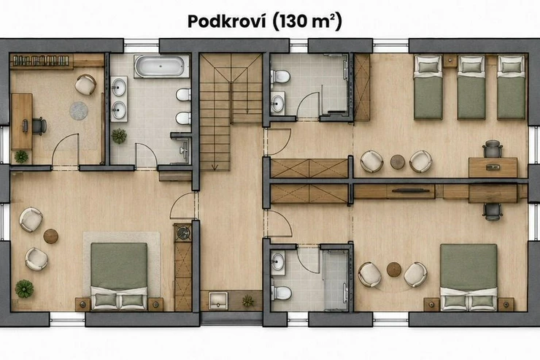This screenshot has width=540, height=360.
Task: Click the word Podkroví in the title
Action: tap(227, 21)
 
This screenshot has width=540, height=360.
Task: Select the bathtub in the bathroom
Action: tap(161, 66)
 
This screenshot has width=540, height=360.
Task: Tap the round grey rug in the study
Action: tap(79, 110)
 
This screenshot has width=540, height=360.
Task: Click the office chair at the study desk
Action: tap(39, 126)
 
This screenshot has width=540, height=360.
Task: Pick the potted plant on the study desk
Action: tap(21, 157)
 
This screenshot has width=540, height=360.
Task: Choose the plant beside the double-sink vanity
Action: tap(119, 136)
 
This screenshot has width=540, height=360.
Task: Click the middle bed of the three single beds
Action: tap(471, 88)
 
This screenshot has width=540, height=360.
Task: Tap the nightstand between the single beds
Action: tap(450, 61)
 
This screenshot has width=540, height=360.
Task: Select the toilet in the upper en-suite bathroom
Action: tap(281, 76)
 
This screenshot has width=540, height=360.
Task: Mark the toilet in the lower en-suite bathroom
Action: tap(281, 293)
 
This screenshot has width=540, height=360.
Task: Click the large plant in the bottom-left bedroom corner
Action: tap(24, 288)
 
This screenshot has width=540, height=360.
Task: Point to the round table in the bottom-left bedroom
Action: tap(50, 237)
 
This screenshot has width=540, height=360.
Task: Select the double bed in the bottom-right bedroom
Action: tap(468, 277)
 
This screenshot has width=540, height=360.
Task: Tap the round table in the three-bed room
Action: tap(398, 161)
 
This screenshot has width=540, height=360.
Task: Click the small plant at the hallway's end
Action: tap(247, 301)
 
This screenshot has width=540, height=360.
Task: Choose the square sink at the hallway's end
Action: tap(218, 300)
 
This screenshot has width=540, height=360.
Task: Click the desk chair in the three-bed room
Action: tap(493, 148)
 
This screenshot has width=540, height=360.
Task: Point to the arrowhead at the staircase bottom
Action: tap(215, 168)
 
